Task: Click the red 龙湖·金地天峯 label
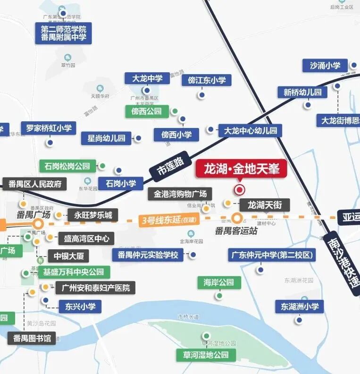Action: (x=241, y=169)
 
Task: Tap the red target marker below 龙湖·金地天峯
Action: (x=240, y=190)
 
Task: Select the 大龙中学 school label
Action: (x=147, y=78)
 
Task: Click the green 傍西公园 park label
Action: (x=147, y=111)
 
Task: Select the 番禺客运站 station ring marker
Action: (x=237, y=219)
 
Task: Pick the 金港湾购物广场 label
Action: (x=180, y=194)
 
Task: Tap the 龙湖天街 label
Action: (x=265, y=205)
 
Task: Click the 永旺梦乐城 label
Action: (x=93, y=215)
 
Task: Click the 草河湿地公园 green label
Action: (x=206, y=355)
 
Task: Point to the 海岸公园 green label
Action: (x=219, y=282)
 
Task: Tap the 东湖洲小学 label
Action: (x=300, y=306)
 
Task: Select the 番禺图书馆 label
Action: (x=32, y=338)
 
